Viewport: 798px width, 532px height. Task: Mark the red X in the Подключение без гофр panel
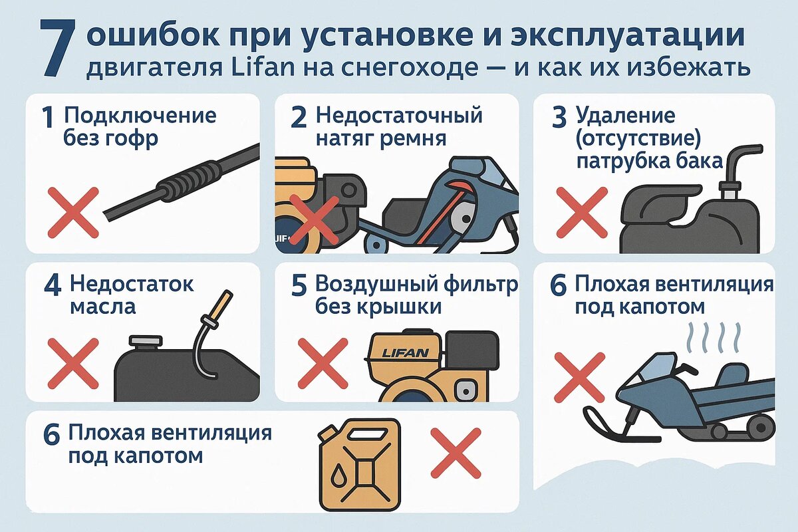tap(73, 212)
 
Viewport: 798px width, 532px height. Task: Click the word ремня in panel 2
tap(413, 138)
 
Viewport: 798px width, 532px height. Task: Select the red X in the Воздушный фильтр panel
tap(323, 362)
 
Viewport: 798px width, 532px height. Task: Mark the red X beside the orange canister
tap(456, 452)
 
